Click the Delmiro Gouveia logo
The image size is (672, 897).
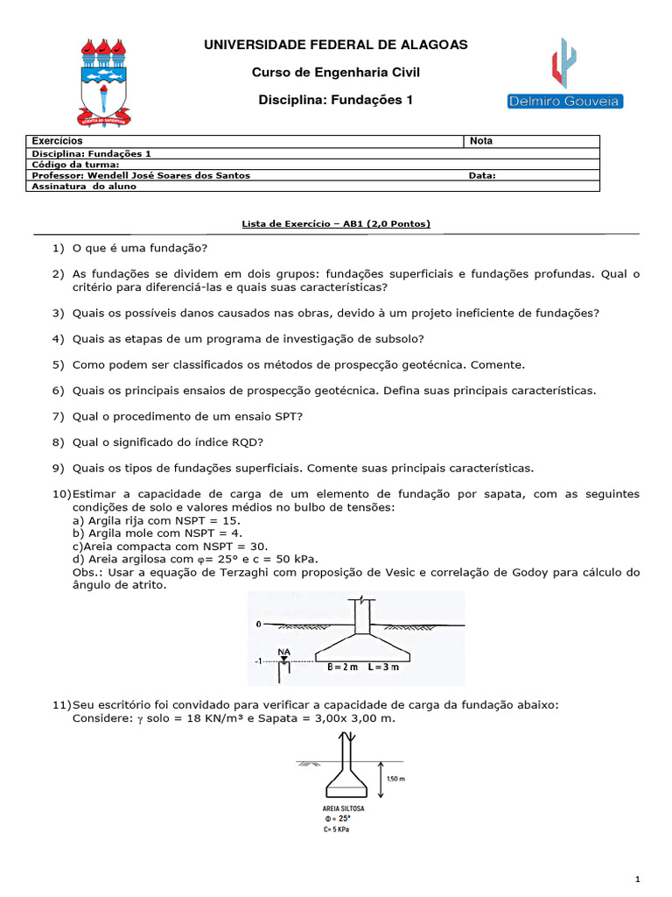click(x=564, y=75)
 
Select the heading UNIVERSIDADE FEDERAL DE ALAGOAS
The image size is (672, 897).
click(x=336, y=45)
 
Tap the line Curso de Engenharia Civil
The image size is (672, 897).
click(x=336, y=73)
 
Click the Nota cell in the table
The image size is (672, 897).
click(x=482, y=141)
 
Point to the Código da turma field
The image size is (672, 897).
click(x=75, y=164)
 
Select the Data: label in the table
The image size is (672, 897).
click(x=482, y=175)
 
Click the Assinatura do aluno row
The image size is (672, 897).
click(x=84, y=187)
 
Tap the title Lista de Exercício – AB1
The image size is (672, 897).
click(x=336, y=224)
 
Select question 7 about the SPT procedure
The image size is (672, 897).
click(x=187, y=416)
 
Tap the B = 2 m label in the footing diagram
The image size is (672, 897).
click(x=343, y=667)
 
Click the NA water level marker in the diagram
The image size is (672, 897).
click(x=284, y=652)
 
